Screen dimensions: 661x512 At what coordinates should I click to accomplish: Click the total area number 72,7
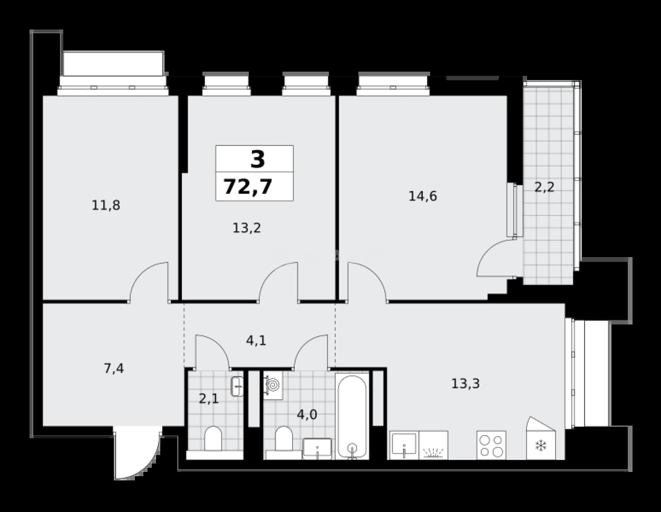248,186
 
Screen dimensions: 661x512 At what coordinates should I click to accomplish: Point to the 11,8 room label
106,205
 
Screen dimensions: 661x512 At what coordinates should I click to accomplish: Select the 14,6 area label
423,196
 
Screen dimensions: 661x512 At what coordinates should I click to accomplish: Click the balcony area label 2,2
545,187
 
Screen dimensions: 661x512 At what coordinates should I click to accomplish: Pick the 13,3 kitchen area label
465,383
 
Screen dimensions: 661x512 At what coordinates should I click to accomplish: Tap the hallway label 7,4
114,369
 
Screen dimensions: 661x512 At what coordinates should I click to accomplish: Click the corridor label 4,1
256,341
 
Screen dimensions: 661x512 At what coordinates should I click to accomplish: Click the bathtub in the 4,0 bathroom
352,416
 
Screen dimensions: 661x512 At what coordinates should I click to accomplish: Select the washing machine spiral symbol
273,385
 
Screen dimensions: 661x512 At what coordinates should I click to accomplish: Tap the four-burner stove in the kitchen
491,445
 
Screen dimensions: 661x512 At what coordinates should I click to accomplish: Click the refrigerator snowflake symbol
541,446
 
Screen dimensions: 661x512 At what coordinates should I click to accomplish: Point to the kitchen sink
404,445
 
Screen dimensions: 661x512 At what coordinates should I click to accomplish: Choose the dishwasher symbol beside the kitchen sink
433,445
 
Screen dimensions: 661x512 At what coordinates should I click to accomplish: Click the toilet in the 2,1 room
213,439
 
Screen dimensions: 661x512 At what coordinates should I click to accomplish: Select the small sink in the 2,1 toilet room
237,387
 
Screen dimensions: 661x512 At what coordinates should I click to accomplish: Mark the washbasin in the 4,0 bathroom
317,448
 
